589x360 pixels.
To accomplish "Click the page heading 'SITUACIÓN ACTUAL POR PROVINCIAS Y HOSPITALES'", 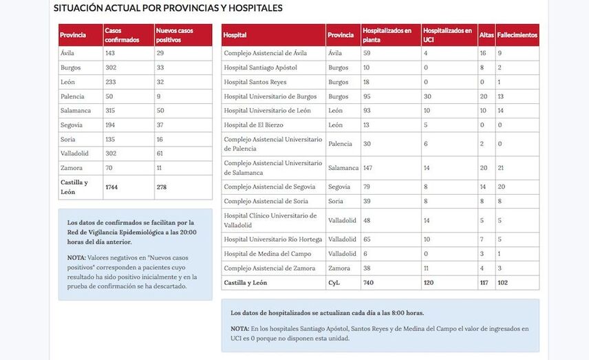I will [168, 8].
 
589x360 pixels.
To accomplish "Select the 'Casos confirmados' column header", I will [122, 35].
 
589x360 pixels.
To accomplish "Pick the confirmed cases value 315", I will [111, 111].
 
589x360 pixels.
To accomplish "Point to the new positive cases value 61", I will [160, 154].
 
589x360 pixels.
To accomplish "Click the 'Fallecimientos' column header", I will [517, 35].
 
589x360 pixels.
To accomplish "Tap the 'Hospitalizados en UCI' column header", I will [448, 35].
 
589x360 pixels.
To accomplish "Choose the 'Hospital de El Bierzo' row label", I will [254, 125].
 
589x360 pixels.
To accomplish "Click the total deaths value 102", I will [504, 283].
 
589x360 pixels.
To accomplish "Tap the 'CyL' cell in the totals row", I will [334, 283].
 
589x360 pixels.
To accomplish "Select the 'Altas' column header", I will [486, 35].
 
